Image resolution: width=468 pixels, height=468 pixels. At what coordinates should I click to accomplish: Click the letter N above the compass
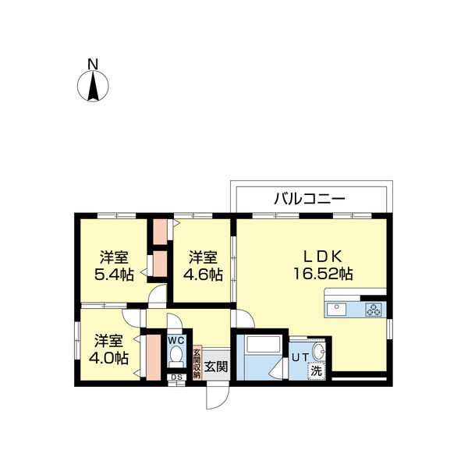[x=92, y=64]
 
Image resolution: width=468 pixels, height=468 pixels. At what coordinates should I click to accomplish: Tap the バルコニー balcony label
[x=309, y=198]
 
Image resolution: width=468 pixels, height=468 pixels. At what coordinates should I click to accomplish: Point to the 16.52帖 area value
[x=323, y=274]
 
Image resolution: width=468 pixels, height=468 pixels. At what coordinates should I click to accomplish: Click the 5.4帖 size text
[x=114, y=275]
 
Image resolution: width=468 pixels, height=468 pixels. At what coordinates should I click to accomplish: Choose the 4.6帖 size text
[x=202, y=275]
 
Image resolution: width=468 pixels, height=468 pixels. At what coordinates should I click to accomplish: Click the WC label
[x=175, y=340]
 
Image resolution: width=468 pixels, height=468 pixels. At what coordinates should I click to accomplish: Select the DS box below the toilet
[x=175, y=378]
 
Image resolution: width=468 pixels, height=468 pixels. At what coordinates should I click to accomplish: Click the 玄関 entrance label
[x=216, y=366]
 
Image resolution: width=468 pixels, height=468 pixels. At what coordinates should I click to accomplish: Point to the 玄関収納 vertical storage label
[x=197, y=363]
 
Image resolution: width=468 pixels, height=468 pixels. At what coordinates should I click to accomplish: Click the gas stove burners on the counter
[x=373, y=309]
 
